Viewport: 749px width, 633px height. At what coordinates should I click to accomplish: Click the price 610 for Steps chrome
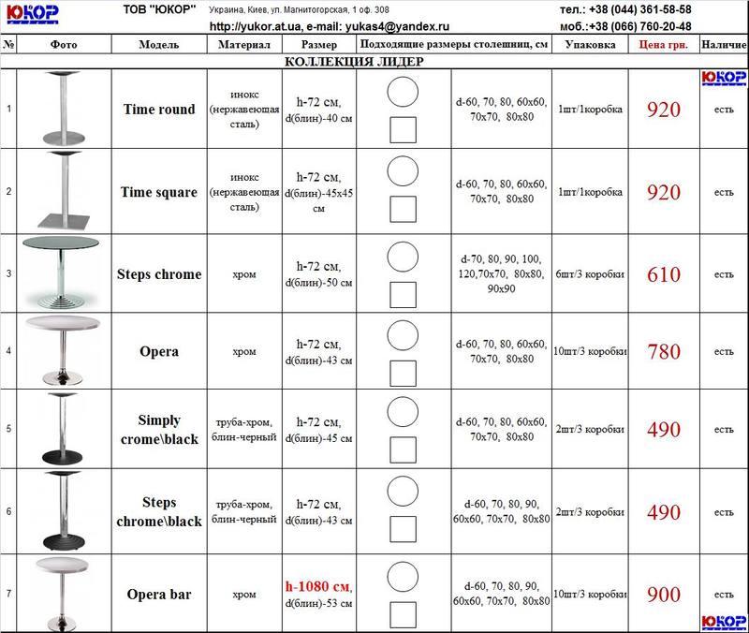(x=664, y=275)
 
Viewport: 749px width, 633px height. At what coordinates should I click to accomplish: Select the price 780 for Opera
(x=664, y=352)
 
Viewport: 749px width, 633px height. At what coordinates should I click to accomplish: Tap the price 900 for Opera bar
(x=664, y=594)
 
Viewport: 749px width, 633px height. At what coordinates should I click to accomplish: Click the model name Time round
(x=159, y=110)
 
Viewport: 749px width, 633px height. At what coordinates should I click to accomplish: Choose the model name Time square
(x=159, y=192)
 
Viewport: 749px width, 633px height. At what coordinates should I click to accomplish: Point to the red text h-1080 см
(x=316, y=585)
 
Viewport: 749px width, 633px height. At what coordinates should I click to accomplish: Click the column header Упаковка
(x=590, y=45)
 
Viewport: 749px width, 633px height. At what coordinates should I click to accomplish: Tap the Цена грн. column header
(x=664, y=45)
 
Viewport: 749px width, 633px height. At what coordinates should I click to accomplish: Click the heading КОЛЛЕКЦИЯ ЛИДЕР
(x=354, y=62)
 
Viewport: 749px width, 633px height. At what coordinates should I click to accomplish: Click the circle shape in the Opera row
(x=403, y=332)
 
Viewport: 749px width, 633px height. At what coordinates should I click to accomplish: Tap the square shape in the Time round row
(x=403, y=129)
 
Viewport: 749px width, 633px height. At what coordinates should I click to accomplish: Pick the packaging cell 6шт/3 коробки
(x=590, y=274)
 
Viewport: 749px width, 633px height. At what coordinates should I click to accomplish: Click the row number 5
(x=8, y=430)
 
